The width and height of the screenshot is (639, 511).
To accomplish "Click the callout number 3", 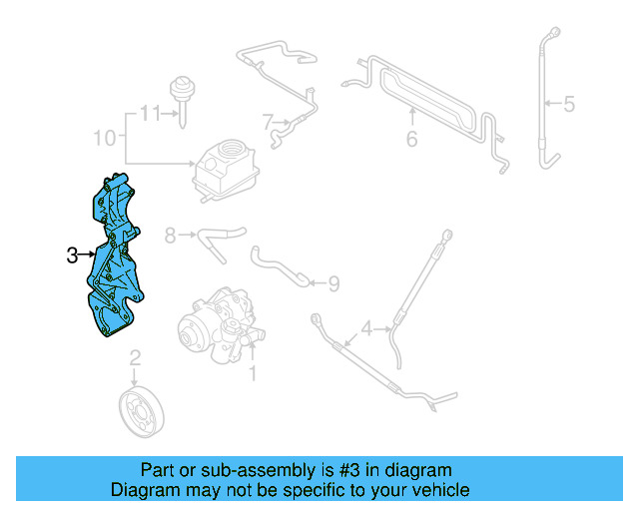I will coord(72,256).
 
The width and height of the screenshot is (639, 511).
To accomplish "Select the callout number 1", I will coord(253,374).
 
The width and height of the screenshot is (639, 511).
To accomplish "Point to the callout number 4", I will coord(367,327).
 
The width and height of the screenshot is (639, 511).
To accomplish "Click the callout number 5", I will coord(569,103).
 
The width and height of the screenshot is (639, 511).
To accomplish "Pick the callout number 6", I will coord(410,139).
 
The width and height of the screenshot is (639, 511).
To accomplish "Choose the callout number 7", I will coord(268,123).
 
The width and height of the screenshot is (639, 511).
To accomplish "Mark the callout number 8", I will coord(170,236).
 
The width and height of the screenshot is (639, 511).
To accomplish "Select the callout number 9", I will coord(332,284).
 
